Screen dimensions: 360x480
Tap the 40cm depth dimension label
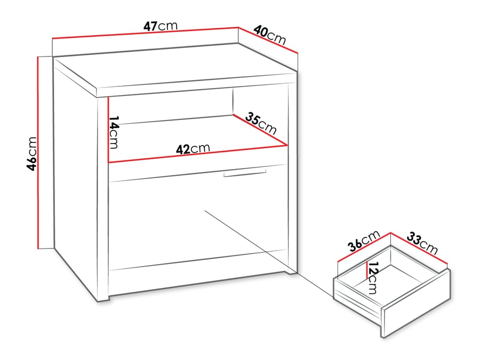270,35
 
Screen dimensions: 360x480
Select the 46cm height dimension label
33,154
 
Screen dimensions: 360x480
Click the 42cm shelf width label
193,149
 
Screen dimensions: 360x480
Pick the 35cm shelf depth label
261,124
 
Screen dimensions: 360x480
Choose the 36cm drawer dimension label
363,241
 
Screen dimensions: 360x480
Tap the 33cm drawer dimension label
422,242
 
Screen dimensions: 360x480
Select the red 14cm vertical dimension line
108,129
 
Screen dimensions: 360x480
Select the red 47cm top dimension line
144,33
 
